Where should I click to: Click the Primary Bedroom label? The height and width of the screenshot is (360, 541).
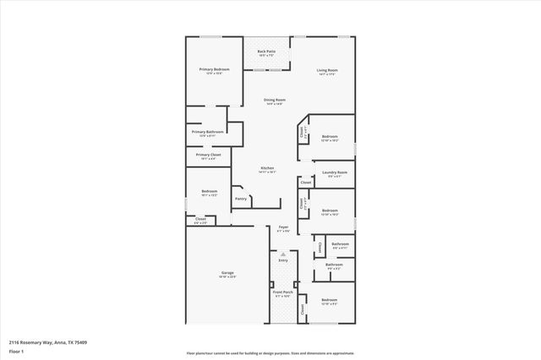[x=214, y=69]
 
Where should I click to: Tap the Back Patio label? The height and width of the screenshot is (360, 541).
[x=266, y=52]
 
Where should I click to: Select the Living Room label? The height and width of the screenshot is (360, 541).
[x=327, y=70]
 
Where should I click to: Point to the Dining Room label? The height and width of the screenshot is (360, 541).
[x=274, y=100]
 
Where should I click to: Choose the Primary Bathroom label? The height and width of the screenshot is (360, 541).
[x=207, y=132]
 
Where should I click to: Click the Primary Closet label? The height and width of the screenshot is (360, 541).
[x=208, y=155]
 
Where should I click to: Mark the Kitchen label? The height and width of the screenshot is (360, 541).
[x=267, y=168]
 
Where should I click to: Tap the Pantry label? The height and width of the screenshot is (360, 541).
[x=241, y=199]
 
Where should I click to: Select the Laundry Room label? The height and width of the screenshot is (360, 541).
[x=334, y=172]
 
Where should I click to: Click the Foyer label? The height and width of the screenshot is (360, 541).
[x=284, y=226]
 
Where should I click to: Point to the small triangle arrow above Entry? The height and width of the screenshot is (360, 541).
[x=283, y=254]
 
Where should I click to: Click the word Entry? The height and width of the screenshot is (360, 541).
[x=283, y=260]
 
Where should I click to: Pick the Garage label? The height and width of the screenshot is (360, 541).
[x=227, y=273]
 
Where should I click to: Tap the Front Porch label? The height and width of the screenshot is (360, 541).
[x=282, y=292]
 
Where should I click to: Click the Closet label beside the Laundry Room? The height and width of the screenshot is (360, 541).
[x=306, y=182]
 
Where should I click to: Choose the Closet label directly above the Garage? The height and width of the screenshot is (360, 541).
[x=200, y=219]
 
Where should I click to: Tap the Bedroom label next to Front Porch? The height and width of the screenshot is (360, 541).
[x=329, y=299]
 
